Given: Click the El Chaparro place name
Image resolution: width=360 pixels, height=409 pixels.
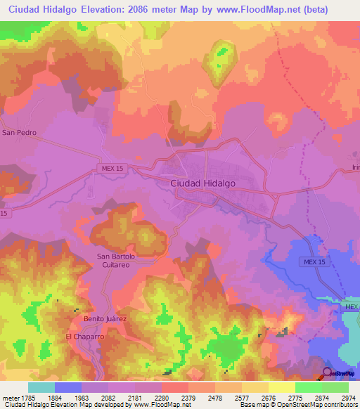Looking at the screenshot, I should pyautogui.click(x=84, y=337).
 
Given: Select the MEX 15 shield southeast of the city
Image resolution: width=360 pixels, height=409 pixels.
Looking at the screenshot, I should pyautogui.click(x=314, y=261).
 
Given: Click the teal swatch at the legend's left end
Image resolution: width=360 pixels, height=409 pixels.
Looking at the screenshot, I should pyautogui.click(x=41, y=387).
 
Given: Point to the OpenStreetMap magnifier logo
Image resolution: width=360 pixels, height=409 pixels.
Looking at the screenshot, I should pyautogui.click(x=328, y=373).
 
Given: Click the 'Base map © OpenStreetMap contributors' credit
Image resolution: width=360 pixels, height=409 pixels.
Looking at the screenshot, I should pyautogui.click(x=299, y=405).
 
